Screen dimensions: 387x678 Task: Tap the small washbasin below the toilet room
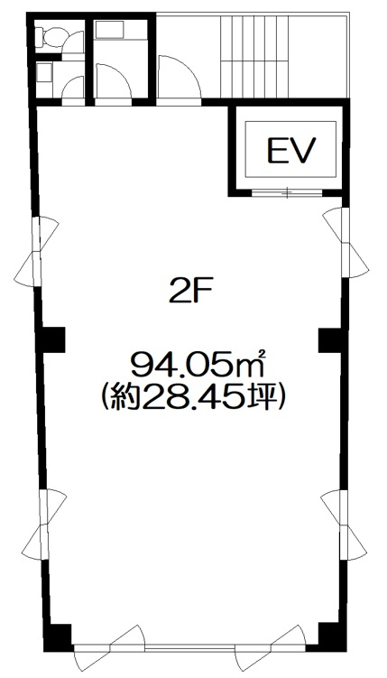pos(44,72)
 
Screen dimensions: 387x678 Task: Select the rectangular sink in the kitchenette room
pos(109,30)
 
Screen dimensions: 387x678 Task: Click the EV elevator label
pos(291,150)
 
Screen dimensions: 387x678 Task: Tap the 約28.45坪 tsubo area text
pos(192,398)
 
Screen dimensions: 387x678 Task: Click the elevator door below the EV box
pos(287,193)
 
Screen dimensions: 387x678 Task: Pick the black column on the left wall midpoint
pos(51,339)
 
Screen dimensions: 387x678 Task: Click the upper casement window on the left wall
pos(37,251)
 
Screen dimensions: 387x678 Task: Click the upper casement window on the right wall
pos(346,243)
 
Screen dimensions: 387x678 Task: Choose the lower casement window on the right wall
pos(344,525)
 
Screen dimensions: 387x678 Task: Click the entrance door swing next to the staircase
pos(179,77)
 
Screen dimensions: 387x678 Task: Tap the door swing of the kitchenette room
pos(113,81)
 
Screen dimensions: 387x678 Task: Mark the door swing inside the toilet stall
pos(73,88)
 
